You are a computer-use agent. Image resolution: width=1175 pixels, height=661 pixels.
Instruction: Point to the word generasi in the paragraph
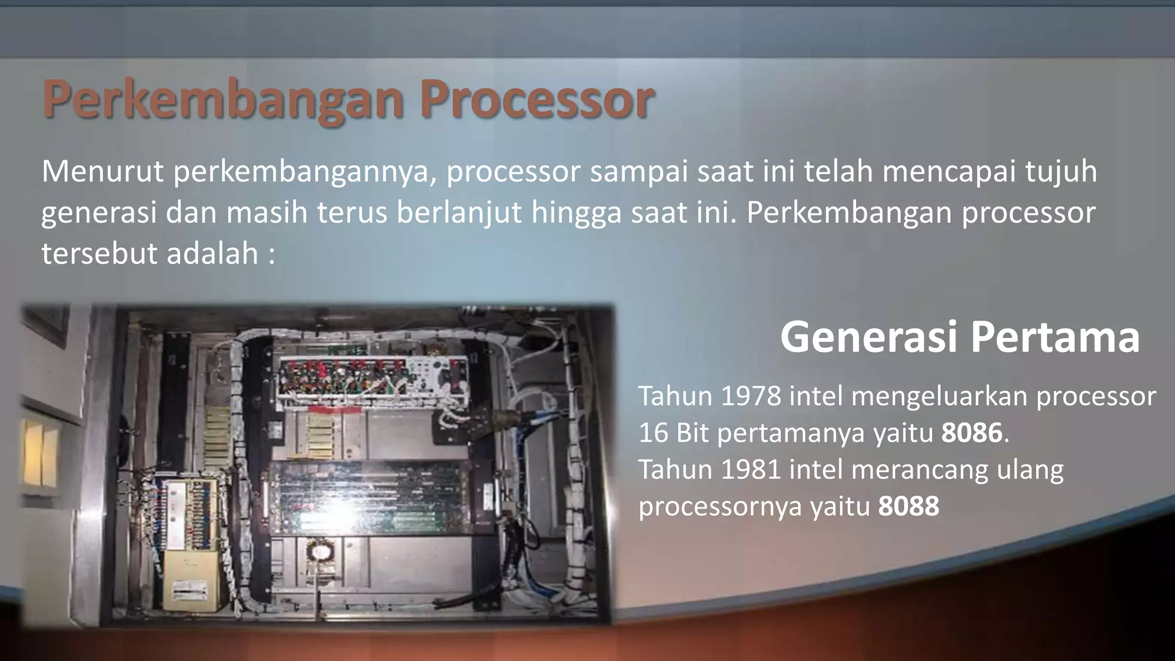point(99,213)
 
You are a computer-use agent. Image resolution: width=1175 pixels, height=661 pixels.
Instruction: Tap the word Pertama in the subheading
point(1055,337)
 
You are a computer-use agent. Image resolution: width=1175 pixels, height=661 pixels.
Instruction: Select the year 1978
point(750,396)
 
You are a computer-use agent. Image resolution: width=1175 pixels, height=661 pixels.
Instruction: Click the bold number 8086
point(971,433)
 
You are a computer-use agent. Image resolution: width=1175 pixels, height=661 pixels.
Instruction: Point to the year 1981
point(750,469)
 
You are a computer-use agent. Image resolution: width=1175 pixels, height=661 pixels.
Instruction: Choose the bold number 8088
point(908,506)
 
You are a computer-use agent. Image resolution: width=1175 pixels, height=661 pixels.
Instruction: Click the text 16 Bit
point(673,433)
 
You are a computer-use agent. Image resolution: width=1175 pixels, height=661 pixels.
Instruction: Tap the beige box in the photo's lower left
point(190,580)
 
